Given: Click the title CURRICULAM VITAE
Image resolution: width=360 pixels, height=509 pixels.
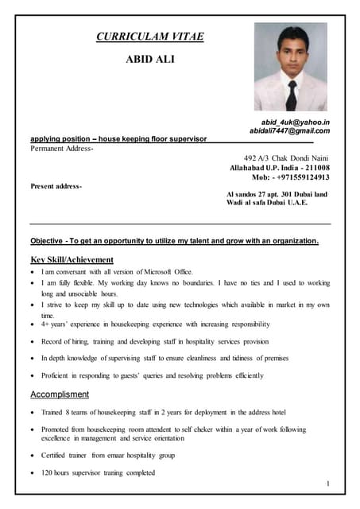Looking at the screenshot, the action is (149, 36).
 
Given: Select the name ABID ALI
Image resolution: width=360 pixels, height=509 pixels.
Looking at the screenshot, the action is (150, 60).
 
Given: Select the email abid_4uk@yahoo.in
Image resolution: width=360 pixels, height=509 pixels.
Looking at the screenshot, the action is (296, 122).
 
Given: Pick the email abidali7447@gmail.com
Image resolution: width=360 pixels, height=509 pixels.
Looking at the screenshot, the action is (289, 130).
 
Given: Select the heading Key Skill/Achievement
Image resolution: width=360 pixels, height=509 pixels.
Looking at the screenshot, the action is (72, 259).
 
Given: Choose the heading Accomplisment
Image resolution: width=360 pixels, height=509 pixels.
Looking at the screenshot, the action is (60, 394).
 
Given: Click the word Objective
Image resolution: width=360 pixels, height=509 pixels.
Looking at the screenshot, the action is (47, 240).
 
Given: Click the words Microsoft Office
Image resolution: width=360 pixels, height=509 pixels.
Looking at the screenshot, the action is (166, 272).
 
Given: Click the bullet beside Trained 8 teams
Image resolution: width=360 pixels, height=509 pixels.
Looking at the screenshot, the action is (31, 412).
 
